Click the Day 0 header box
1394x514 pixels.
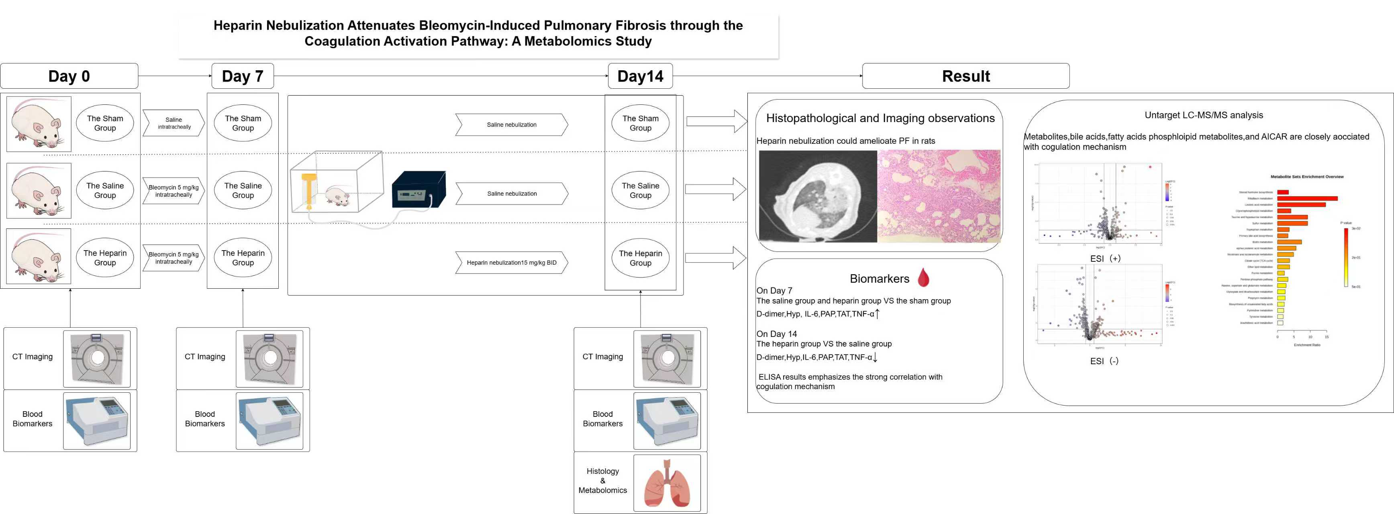[69, 76]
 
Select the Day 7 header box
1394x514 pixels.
[243, 76]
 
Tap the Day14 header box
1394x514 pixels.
[640, 76]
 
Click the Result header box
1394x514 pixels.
[965, 76]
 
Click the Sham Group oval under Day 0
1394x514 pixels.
[105, 123]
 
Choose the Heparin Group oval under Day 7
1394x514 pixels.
[243, 257]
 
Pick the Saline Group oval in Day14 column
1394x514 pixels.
[640, 190]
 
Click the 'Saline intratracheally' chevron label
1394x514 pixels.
[174, 123]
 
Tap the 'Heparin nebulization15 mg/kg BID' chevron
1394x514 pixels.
[511, 262]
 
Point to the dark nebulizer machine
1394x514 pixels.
[418, 190]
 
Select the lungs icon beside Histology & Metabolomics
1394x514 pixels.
[667, 483]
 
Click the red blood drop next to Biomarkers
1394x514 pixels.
[923, 277]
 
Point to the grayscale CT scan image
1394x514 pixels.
[818, 196]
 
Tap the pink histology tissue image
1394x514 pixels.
[939, 196]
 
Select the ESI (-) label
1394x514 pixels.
[1104, 361]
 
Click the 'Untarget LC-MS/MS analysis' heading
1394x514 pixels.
[1204, 115]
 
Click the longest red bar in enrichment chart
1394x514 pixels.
[1307, 198]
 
